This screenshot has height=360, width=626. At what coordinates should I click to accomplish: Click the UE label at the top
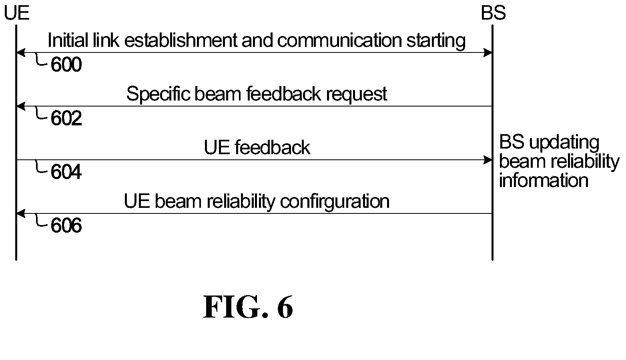[17, 13]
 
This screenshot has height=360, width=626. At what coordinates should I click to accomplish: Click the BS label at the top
[493, 13]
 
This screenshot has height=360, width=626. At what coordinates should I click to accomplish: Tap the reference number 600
[66, 64]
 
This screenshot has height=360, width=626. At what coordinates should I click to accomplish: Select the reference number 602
[66, 118]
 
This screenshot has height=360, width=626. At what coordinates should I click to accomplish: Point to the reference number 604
[66, 172]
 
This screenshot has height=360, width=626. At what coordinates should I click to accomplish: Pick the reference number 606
[66, 225]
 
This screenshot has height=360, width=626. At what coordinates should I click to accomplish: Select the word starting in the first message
[436, 41]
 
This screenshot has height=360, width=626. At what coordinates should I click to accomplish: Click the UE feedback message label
[257, 148]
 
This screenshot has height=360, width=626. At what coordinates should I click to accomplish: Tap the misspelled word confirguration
[335, 202]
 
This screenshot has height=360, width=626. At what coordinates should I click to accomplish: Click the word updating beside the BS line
[564, 143]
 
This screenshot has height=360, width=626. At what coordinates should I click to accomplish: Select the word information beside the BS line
[544, 180]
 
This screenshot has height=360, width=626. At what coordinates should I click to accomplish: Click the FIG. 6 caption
[248, 307]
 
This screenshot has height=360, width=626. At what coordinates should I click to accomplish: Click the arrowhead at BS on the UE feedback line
[488, 160]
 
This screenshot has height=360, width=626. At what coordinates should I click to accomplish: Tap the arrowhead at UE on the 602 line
[21, 106]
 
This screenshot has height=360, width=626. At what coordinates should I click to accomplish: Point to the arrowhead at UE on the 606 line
[21, 213]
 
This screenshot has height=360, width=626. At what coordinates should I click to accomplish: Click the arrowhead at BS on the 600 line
[488, 52]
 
